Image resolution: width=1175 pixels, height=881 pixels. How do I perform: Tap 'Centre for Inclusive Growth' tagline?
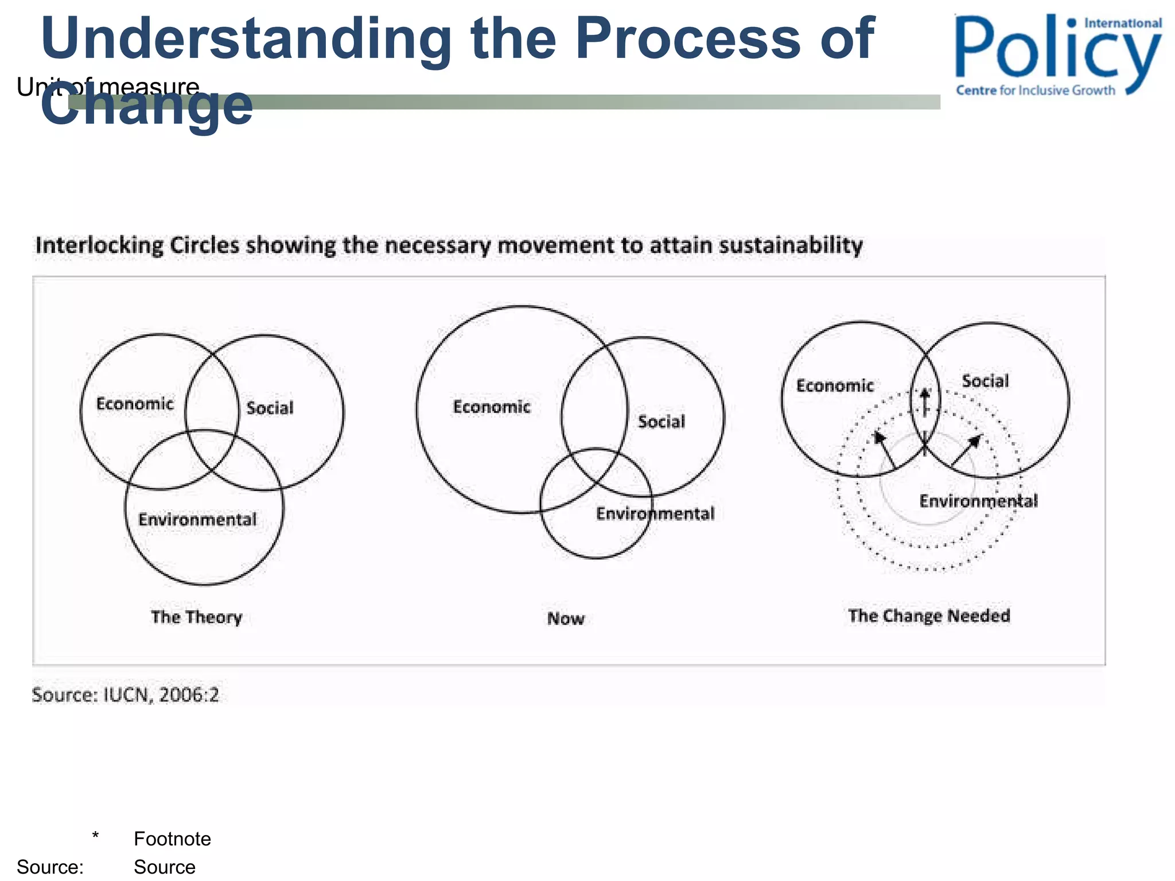(1036, 91)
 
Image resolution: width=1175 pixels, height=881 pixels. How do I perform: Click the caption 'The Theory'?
(197, 617)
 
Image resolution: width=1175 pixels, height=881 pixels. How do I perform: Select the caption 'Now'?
(566, 619)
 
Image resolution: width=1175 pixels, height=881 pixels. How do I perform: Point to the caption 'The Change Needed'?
(929, 616)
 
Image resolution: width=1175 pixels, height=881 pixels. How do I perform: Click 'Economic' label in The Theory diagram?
(135, 404)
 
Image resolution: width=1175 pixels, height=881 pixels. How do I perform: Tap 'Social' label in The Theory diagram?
(270, 408)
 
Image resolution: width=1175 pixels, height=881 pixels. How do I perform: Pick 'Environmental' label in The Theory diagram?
(197, 520)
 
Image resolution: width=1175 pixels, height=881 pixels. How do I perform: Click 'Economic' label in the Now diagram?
(492, 407)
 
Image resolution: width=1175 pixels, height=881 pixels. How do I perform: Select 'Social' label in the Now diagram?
(662, 422)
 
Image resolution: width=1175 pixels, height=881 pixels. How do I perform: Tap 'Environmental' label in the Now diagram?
(655, 513)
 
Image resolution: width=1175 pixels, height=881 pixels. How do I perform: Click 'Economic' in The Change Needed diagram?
(835, 385)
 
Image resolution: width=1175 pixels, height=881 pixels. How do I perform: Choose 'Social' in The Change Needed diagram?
(985, 381)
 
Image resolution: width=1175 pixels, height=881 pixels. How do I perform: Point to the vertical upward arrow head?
(925, 395)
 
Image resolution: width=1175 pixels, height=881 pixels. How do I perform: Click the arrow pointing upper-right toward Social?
(967, 450)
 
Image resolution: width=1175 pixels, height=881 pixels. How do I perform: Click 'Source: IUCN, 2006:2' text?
(125, 695)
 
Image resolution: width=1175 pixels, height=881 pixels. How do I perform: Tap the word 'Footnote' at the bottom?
(172, 839)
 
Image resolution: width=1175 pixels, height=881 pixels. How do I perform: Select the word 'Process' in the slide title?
(688, 39)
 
